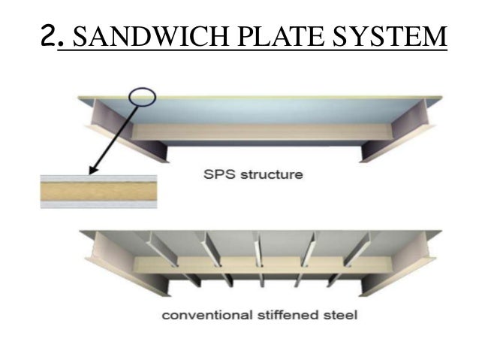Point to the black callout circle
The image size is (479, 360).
point(142,96)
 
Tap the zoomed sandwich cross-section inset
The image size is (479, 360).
point(98,191)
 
